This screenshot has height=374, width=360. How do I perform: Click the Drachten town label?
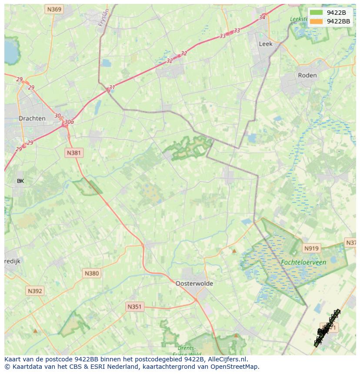coord(32,118)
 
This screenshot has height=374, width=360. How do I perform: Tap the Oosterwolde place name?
coord(194,283)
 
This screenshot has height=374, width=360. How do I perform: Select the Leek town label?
coord(265,44)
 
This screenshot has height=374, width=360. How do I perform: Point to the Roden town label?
coord(307,75)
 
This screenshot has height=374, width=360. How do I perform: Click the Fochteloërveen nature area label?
coord(303,262)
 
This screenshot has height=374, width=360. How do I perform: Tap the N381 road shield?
coord(73,153)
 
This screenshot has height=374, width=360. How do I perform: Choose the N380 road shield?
coord(91,273)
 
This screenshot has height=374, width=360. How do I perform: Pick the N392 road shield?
coord(34,291)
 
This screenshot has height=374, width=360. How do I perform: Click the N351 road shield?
coord(134,307)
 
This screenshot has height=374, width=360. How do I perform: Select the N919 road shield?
coord(311,248)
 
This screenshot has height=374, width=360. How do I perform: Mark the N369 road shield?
coord(54,9)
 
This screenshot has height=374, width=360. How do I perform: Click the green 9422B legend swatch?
coord(317,13)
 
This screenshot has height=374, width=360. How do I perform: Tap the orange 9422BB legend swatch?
coord(317,21)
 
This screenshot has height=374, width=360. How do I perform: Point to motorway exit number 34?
coord(262,17)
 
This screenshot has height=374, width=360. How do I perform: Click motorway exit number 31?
coord(112,87)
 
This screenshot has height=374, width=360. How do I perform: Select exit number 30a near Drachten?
coord(69,122)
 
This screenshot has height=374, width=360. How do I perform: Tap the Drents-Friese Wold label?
coord(187,351)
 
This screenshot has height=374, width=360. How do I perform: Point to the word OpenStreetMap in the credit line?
coord(235,367)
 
